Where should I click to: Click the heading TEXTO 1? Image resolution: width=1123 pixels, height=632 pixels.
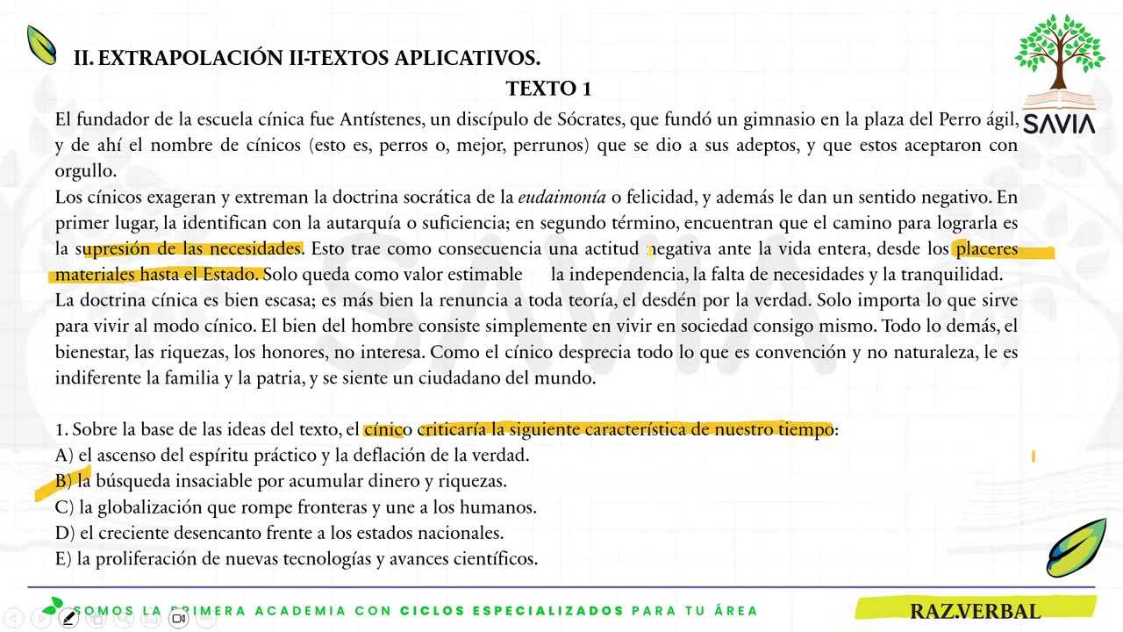click(x=548, y=89)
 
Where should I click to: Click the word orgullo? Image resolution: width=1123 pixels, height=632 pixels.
click(x=85, y=171)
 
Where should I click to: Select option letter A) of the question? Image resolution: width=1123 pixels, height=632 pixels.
click(x=64, y=456)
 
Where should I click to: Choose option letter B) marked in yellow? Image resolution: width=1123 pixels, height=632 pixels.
click(x=64, y=481)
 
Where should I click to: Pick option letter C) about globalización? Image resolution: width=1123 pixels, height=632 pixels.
click(x=64, y=507)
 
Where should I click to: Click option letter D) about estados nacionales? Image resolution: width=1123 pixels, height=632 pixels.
click(x=64, y=533)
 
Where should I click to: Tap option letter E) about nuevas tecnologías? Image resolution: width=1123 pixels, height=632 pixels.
click(x=63, y=558)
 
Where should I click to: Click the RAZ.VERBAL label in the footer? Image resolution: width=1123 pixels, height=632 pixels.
click(x=974, y=611)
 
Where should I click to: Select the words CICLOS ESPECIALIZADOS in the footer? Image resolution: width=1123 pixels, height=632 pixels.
click(x=511, y=611)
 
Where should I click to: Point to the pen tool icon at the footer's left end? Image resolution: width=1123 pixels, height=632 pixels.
click(x=68, y=618)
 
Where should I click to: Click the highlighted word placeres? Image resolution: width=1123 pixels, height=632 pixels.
click(x=986, y=248)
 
